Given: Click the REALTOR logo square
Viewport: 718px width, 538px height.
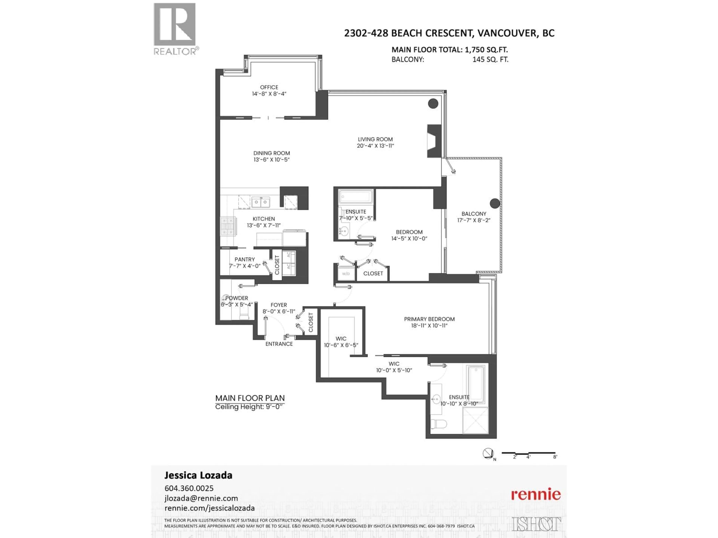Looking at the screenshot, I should tap(175, 24).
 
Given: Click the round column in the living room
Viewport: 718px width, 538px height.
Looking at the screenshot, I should tap(433, 103).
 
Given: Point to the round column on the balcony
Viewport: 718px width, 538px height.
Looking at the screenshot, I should tap(495, 203).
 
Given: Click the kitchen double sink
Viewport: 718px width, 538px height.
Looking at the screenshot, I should tap(261, 203).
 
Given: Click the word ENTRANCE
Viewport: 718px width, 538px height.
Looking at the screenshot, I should tap(279, 344).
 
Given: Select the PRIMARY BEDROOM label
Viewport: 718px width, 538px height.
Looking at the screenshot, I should tap(429, 319).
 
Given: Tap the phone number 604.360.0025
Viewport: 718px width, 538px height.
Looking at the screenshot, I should tap(189, 488).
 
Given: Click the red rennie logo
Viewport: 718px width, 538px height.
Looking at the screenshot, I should tap(536, 494).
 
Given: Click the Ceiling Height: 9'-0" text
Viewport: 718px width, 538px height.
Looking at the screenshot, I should tap(249, 407).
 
